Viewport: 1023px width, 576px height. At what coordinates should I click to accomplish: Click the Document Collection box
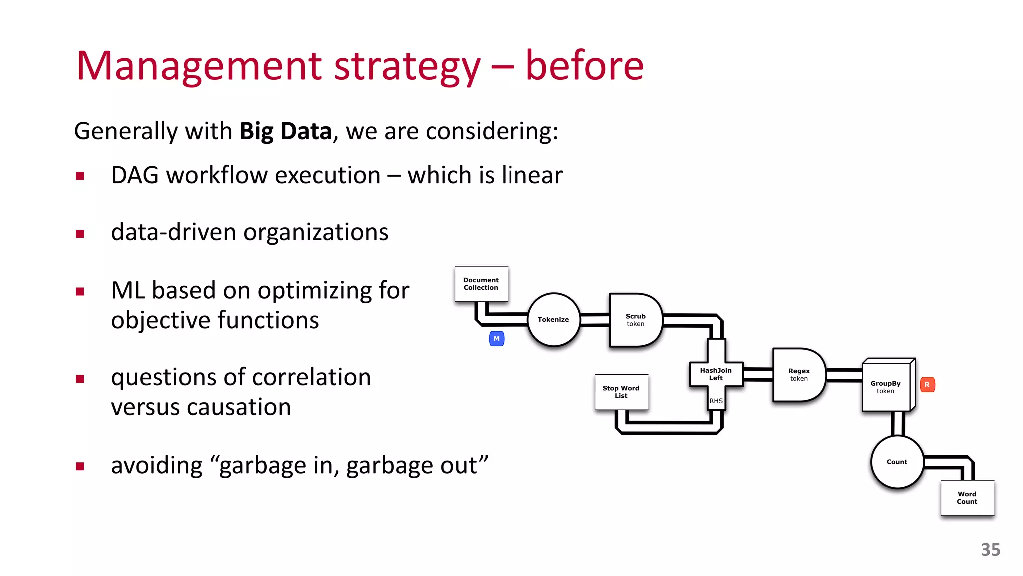pos(481,284)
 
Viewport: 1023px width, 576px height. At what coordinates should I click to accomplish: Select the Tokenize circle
pos(553,320)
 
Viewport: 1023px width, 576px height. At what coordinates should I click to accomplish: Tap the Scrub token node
pos(635,320)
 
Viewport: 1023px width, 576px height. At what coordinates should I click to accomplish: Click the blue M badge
pos(496,339)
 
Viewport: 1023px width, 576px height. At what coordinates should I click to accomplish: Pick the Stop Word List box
pos(621,392)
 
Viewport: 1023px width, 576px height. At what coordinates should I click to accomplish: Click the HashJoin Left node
pos(716,374)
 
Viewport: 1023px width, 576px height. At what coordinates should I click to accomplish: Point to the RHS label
pos(716,401)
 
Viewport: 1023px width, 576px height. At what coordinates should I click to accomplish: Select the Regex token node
pos(798,375)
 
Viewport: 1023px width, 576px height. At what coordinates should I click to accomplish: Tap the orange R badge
pos(927,385)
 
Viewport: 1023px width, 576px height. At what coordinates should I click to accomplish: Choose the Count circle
pos(897,462)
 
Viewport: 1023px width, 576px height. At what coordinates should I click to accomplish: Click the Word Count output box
pos(967,498)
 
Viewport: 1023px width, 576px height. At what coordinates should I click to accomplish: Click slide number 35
pos(990,550)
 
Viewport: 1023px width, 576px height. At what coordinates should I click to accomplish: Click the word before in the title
pos(584,66)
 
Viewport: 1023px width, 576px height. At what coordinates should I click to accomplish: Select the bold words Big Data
pos(285,131)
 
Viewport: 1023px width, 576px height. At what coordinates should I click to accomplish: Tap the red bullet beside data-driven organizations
pos(80,233)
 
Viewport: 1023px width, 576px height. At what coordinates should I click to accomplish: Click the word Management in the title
pos(200,66)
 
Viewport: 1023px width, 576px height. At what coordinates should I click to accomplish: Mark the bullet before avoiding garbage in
pos(80,466)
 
